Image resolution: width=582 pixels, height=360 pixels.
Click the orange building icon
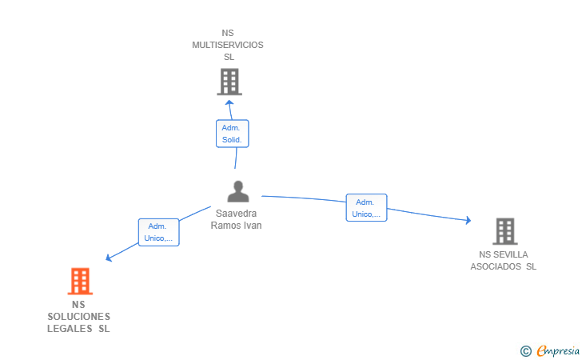(80, 281)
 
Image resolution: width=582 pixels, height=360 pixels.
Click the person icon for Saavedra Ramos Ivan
(238, 191)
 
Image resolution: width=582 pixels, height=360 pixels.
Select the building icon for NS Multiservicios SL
(229, 82)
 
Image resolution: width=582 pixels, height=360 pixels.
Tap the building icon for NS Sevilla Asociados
(504, 231)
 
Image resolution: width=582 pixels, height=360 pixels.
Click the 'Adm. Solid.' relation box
(233, 134)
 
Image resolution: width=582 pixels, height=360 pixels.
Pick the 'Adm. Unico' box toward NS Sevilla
(366, 208)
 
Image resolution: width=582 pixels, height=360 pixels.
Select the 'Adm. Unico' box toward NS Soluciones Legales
(159, 232)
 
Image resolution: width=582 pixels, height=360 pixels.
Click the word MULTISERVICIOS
(228, 45)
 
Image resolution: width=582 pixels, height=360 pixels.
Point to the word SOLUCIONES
(78, 317)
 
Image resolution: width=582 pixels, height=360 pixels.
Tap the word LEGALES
(70, 329)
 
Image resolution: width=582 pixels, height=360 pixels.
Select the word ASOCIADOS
(496, 266)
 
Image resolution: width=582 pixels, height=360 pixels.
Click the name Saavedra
(236, 214)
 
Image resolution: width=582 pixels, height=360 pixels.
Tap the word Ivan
(253, 226)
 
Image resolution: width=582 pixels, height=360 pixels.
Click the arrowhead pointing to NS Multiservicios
(229, 103)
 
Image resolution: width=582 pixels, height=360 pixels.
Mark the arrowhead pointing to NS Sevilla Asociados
(468, 220)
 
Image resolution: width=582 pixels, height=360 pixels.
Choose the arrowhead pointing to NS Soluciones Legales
(109, 258)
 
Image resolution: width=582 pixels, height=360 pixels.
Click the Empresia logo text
(558, 350)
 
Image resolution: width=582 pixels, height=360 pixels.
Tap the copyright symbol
(526, 351)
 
